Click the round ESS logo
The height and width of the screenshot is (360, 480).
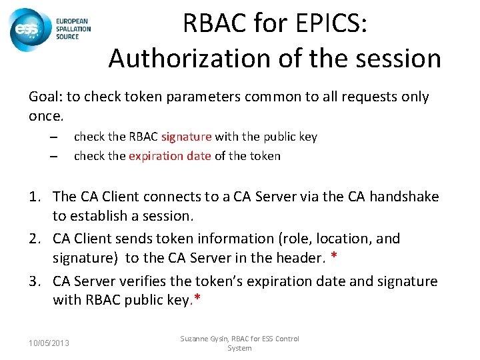tap(27, 29)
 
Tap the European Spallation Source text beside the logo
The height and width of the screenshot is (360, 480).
tap(69, 29)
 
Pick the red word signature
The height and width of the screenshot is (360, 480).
tap(186, 137)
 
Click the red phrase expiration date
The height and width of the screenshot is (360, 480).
tap(169, 156)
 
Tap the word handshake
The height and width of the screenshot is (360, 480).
tap(405, 196)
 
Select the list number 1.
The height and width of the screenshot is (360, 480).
tap(35, 197)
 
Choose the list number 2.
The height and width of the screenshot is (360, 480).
tap(35, 239)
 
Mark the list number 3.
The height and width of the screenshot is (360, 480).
tap(35, 281)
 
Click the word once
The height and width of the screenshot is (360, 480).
tap(45, 116)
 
